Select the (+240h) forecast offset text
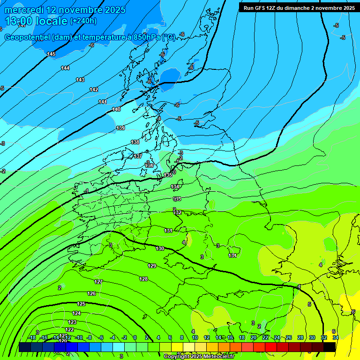click(83, 21)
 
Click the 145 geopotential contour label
click(51, 54)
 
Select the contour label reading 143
click(80, 80)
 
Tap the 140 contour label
click(116, 109)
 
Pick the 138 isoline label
click(135, 142)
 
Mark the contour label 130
click(160, 248)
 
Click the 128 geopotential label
click(143, 279)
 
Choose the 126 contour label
click(91, 293)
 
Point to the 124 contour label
click(76, 313)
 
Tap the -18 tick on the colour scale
click(32, 338)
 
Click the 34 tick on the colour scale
click(336, 338)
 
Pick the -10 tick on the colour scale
click(79, 338)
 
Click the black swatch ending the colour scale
click(330, 347)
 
